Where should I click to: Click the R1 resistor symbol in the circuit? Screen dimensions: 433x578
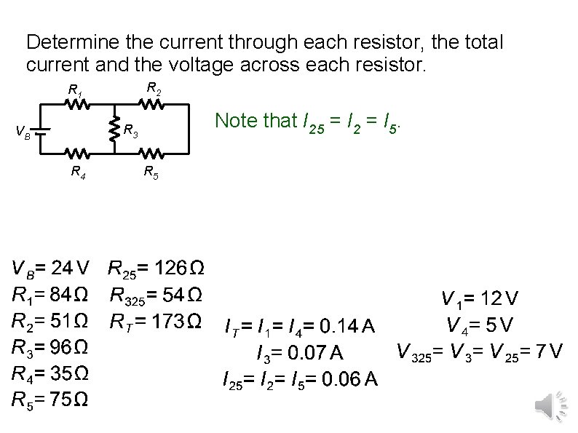point(77,105)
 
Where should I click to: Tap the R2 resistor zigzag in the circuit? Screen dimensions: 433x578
point(152,105)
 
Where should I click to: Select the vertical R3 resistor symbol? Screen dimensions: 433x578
point(114,130)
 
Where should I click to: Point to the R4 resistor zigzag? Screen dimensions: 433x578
point(77,154)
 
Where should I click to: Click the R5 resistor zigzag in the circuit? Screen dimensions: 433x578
point(152,154)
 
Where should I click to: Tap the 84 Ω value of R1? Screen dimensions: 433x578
point(71,295)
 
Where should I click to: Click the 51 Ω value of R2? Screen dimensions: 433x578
point(71,321)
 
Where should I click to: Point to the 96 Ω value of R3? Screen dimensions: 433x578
point(71,346)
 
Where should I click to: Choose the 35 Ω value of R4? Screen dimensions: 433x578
point(71,373)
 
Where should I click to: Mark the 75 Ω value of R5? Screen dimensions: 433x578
point(71,399)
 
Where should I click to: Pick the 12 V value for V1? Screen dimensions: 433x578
point(499,298)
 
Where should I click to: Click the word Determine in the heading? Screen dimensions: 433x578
point(63,42)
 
